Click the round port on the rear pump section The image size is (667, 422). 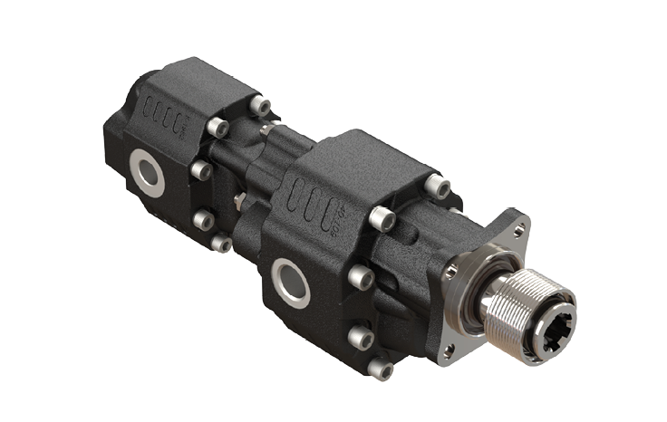click(147, 172)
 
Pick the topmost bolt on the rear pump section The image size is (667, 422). click(260, 105)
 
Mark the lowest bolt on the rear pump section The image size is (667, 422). click(220, 243)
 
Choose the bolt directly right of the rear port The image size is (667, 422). click(201, 169)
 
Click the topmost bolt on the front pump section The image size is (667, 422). click(438, 187)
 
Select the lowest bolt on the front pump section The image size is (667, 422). click(382, 369)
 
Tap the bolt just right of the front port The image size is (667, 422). click(361, 277)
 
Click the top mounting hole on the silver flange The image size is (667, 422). click(520, 228)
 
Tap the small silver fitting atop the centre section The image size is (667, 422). click(264, 130)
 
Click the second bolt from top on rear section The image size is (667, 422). click(217, 128)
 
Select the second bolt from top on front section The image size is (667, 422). click(382, 218)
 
